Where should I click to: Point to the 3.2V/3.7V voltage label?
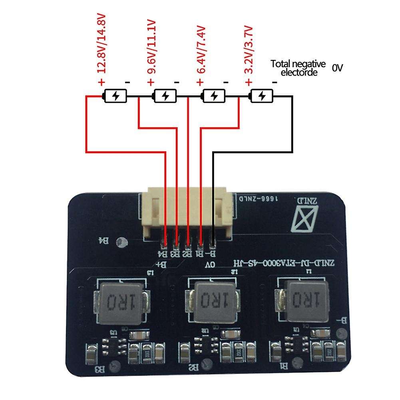(249, 49)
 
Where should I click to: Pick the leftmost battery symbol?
(115, 96)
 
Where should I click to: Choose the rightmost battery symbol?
(262, 96)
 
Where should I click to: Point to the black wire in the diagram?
(293, 128)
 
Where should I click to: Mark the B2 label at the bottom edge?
(193, 366)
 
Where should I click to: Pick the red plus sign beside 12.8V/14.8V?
(101, 82)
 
